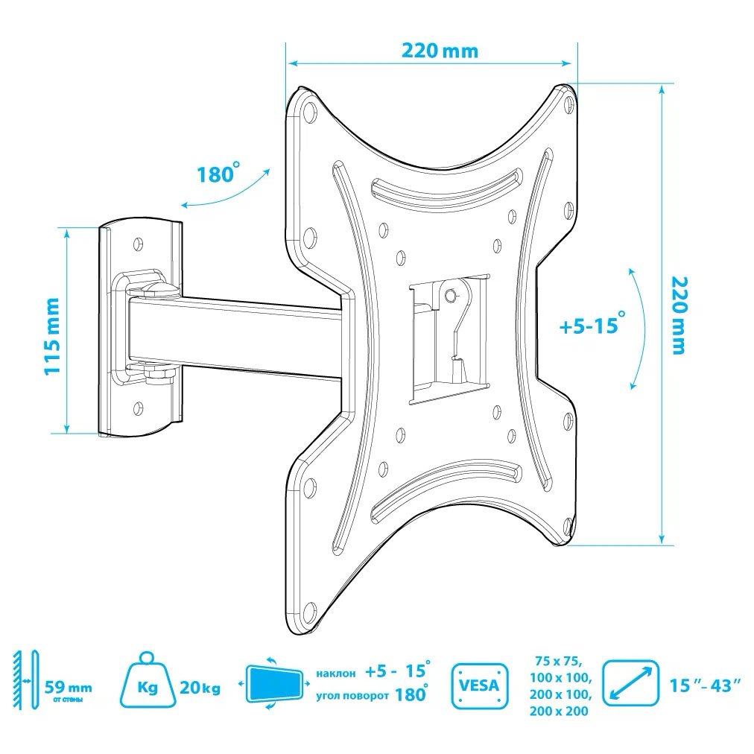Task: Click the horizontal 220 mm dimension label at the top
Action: coord(440,51)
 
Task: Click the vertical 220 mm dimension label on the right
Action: coord(677,316)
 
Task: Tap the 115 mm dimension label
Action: coord(51,335)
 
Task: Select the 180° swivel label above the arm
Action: coord(218,173)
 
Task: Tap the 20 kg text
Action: coord(200,688)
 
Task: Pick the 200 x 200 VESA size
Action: coord(559,711)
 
